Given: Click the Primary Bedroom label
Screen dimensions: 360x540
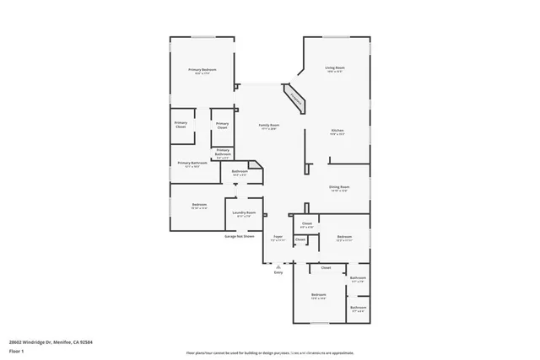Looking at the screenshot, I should coord(201,70).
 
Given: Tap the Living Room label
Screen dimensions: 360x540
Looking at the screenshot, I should coord(335,68).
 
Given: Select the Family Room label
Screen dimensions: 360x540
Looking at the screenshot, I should coord(268,126).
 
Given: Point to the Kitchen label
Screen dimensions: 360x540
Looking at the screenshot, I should coord(337,131).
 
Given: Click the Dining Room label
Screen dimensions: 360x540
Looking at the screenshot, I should coord(338,188).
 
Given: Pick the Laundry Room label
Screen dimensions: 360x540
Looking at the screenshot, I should coord(244,214).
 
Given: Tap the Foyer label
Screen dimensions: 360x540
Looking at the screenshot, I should coord(278,239).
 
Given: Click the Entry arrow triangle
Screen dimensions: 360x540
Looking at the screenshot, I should coord(278,266).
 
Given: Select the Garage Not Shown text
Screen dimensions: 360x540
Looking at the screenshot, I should coord(240,237).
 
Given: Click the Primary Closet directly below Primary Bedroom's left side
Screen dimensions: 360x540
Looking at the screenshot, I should coord(181,125).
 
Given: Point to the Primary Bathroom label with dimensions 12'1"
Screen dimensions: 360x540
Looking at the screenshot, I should coord(192,164).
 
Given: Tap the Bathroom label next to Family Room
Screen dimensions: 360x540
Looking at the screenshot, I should coord(240,172).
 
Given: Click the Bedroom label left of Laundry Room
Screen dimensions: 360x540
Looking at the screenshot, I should coord(199,205).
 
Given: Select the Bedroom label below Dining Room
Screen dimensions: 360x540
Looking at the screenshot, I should coord(344,238).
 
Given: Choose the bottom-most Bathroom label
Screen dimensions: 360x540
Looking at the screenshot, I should coord(358,308).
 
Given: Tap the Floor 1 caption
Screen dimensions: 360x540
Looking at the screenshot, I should coord(16,350).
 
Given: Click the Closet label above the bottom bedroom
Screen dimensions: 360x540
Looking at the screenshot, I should coord(326,268).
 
